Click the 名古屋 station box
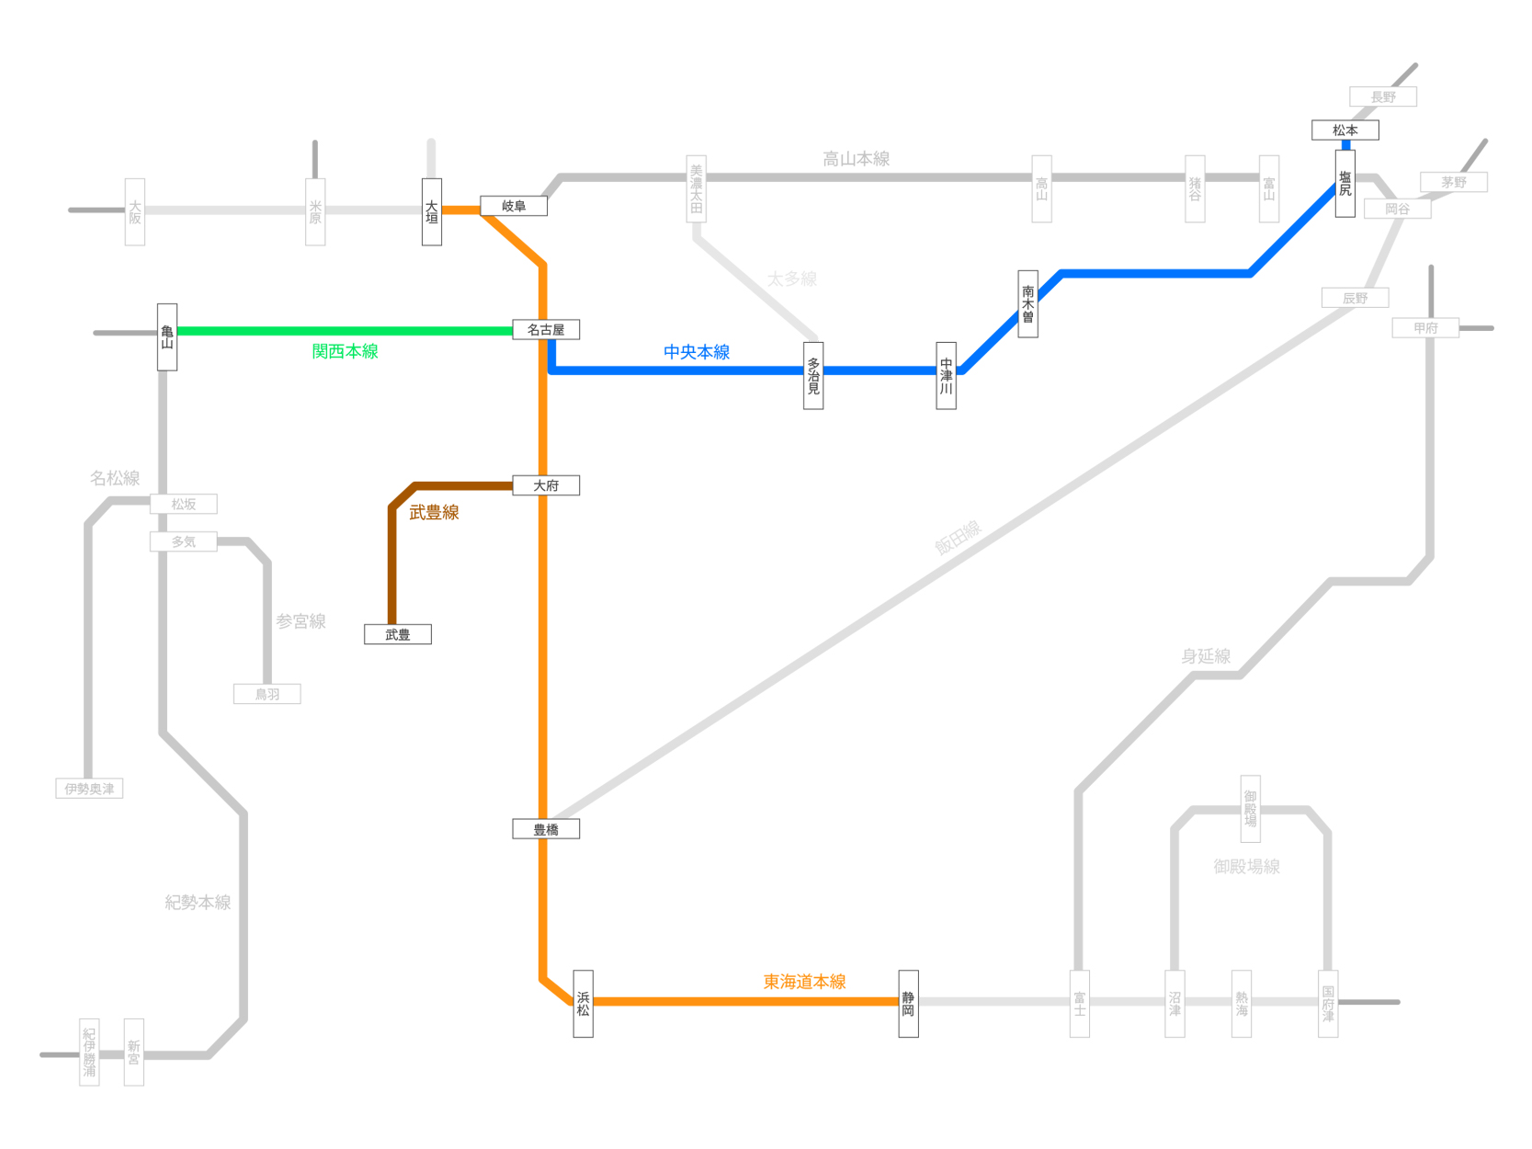point(546,330)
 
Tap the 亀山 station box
point(167,337)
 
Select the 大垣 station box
point(432,212)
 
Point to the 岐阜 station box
point(514,206)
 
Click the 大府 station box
point(546,485)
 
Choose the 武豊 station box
point(398,634)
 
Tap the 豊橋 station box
point(546,829)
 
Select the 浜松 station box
point(583,1004)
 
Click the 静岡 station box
point(908,1004)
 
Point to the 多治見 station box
point(813,376)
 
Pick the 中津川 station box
point(946,376)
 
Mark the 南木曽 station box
point(1027,304)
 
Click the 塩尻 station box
point(1345,184)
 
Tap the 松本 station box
point(1345,131)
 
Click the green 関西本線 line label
point(345,351)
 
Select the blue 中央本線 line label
point(697,352)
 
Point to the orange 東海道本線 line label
point(804,982)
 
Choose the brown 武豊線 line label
point(434,513)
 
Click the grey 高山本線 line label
point(856,159)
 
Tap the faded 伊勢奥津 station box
point(89,789)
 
